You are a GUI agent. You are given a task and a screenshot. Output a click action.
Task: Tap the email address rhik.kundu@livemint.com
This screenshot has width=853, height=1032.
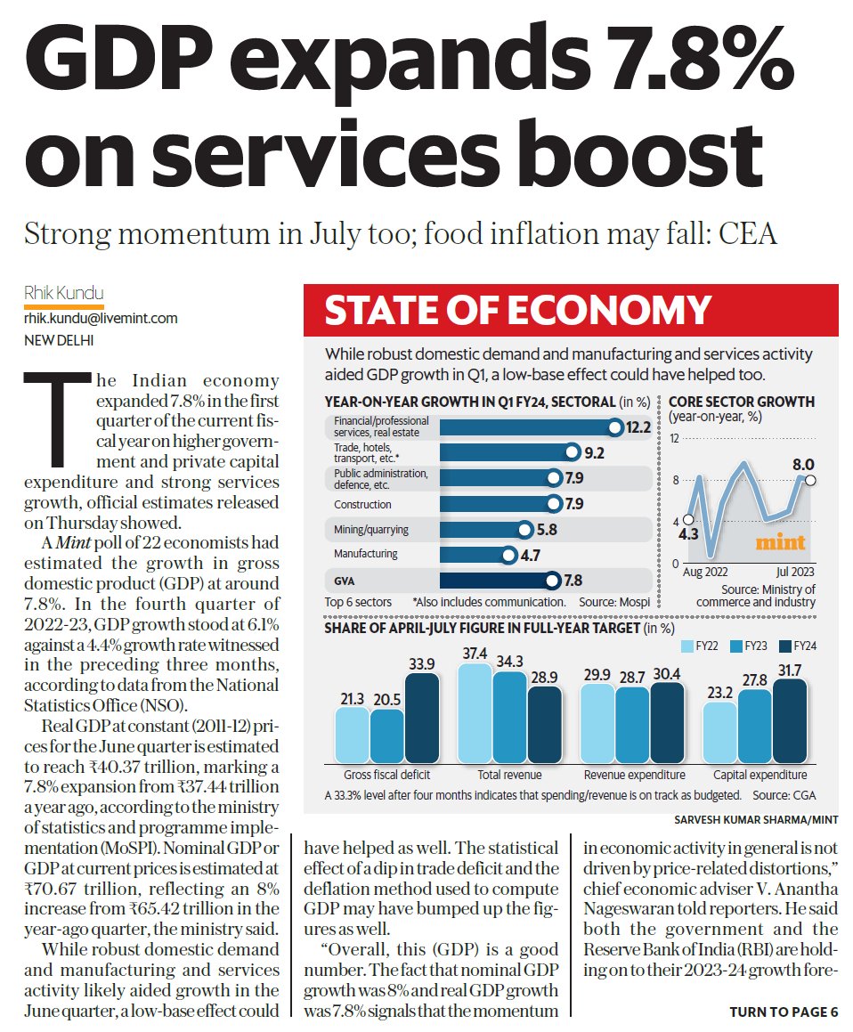point(101,318)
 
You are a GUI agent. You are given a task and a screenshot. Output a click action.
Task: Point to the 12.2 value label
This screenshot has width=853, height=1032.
point(638,427)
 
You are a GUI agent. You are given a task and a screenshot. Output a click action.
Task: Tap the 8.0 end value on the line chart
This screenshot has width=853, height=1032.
point(803,464)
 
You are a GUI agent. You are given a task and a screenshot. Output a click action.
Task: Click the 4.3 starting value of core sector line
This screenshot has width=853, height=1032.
point(686,535)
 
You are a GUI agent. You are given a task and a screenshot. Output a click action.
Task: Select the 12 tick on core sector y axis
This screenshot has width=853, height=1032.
point(674,439)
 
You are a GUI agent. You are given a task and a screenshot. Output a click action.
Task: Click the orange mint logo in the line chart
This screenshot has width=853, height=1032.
point(780,541)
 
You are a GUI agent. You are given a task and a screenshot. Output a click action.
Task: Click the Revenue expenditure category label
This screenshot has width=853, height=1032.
point(634,775)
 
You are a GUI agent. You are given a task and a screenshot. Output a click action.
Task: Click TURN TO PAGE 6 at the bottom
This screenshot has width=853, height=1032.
point(784,1012)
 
